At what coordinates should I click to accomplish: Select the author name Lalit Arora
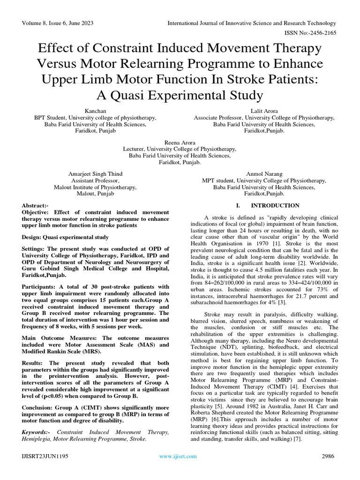pyautogui.click(x=264, y=111)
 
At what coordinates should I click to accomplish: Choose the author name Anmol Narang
pyautogui.click(x=264, y=173)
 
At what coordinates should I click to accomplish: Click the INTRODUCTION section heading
pyautogui.click(x=275, y=205)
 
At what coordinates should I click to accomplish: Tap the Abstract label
pyautogui.click(x=36, y=206)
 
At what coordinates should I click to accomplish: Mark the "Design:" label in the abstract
pyautogui.click(x=34, y=236)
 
